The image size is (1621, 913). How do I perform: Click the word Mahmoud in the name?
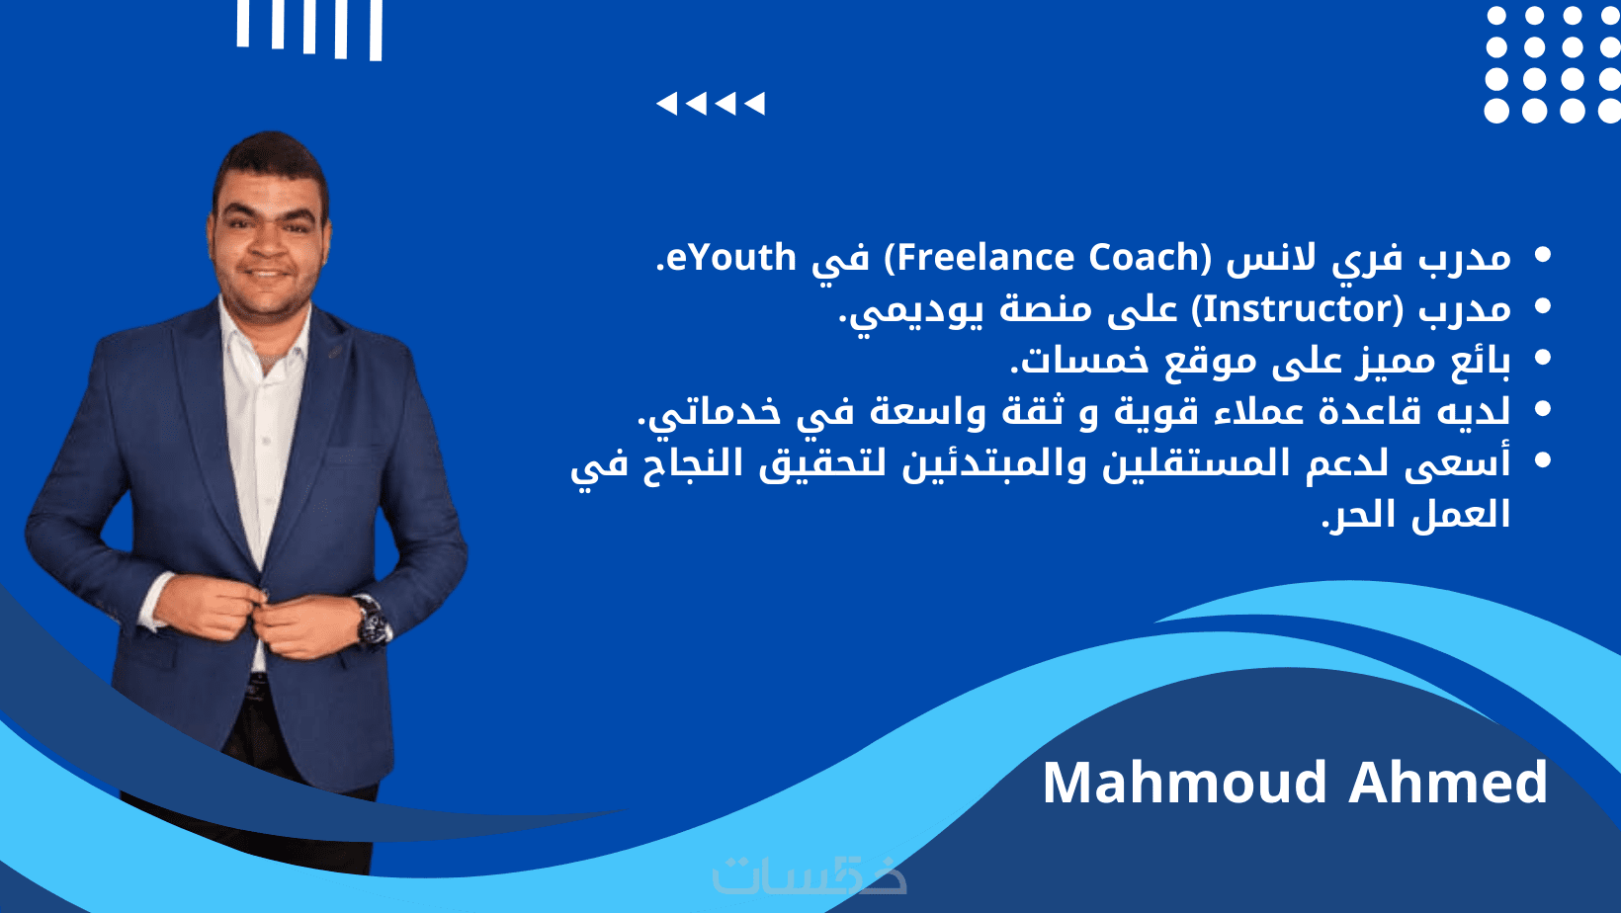tap(1185, 783)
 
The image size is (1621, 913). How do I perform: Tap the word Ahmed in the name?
tap(1448, 783)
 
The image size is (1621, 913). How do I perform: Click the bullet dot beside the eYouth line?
tap(1542, 255)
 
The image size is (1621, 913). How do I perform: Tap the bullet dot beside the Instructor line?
tap(1542, 306)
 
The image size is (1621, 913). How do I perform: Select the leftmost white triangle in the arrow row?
tap(666, 104)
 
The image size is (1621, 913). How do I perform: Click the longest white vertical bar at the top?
tap(376, 31)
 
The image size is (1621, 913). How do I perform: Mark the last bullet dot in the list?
tap(1542, 460)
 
